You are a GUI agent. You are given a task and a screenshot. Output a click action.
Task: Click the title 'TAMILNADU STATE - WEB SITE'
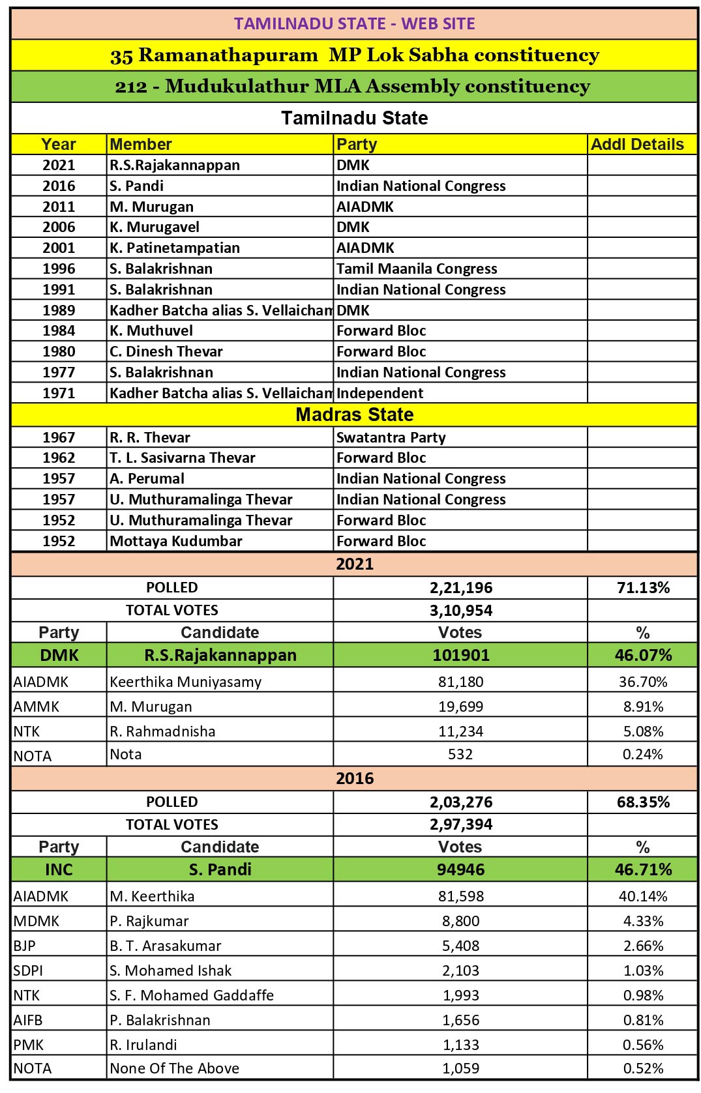pyautogui.click(x=354, y=23)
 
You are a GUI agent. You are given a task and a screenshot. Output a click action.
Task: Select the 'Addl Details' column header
pyautogui.click(x=637, y=144)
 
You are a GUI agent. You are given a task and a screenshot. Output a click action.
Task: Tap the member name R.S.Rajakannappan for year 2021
pyautogui.click(x=175, y=165)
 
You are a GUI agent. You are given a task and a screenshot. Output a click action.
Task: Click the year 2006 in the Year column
pyautogui.click(x=59, y=227)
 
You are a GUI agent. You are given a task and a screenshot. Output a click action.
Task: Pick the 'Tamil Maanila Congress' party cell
pyautogui.click(x=417, y=269)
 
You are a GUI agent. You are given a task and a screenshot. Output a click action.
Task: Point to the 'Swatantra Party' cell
pyautogui.click(x=391, y=437)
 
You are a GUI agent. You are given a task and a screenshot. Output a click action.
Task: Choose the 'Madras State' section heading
pyautogui.click(x=354, y=415)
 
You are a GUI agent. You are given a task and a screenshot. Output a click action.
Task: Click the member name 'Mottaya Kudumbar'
pyautogui.click(x=176, y=541)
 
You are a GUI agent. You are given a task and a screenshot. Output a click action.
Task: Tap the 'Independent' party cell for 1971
pyautogui.click(x=380, y=393)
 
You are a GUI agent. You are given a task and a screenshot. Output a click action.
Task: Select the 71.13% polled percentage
pyautogui.click(x=643, y=588)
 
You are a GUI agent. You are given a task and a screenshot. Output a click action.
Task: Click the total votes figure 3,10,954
pyautogui.click(x=461, y=611)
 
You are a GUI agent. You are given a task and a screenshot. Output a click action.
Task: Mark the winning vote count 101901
pyautogui.click(x=461, y=655)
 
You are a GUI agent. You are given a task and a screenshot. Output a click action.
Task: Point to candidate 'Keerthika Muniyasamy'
pyautogui.click(x=186, y=682)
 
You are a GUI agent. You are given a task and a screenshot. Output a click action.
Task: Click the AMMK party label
pyautogui.click(x=37, y=707)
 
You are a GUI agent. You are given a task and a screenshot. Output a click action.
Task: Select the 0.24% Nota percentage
pyautogui.click(x=643, y=755)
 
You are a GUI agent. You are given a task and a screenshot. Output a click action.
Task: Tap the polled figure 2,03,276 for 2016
pyautogui.click(x=461, y=802)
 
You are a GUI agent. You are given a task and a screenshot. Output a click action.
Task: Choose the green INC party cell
pyautogui.click(x=59, y=869)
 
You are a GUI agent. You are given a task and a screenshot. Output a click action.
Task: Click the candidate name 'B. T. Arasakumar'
pyautogui.click(x=166, y=946)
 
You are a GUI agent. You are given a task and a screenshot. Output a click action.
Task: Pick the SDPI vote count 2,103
pyautogui.click(x=461, y=970)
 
